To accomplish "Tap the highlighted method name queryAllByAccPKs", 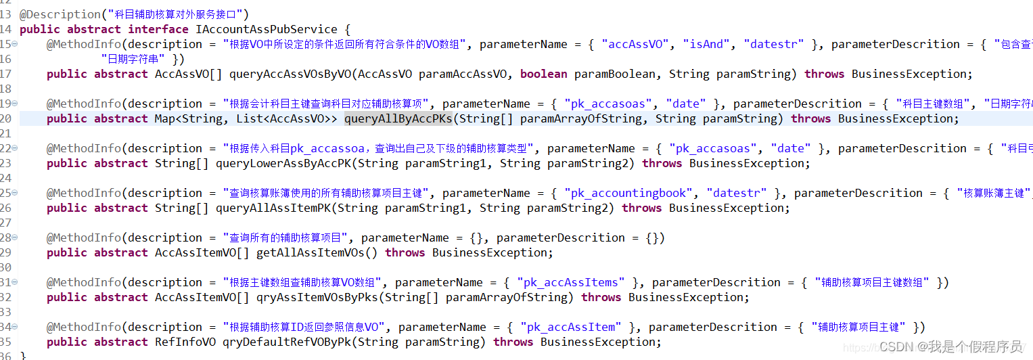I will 398,118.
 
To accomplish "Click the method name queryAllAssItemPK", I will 273,208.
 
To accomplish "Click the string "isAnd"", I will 706,44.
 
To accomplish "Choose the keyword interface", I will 158,29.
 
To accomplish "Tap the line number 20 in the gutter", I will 6,118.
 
